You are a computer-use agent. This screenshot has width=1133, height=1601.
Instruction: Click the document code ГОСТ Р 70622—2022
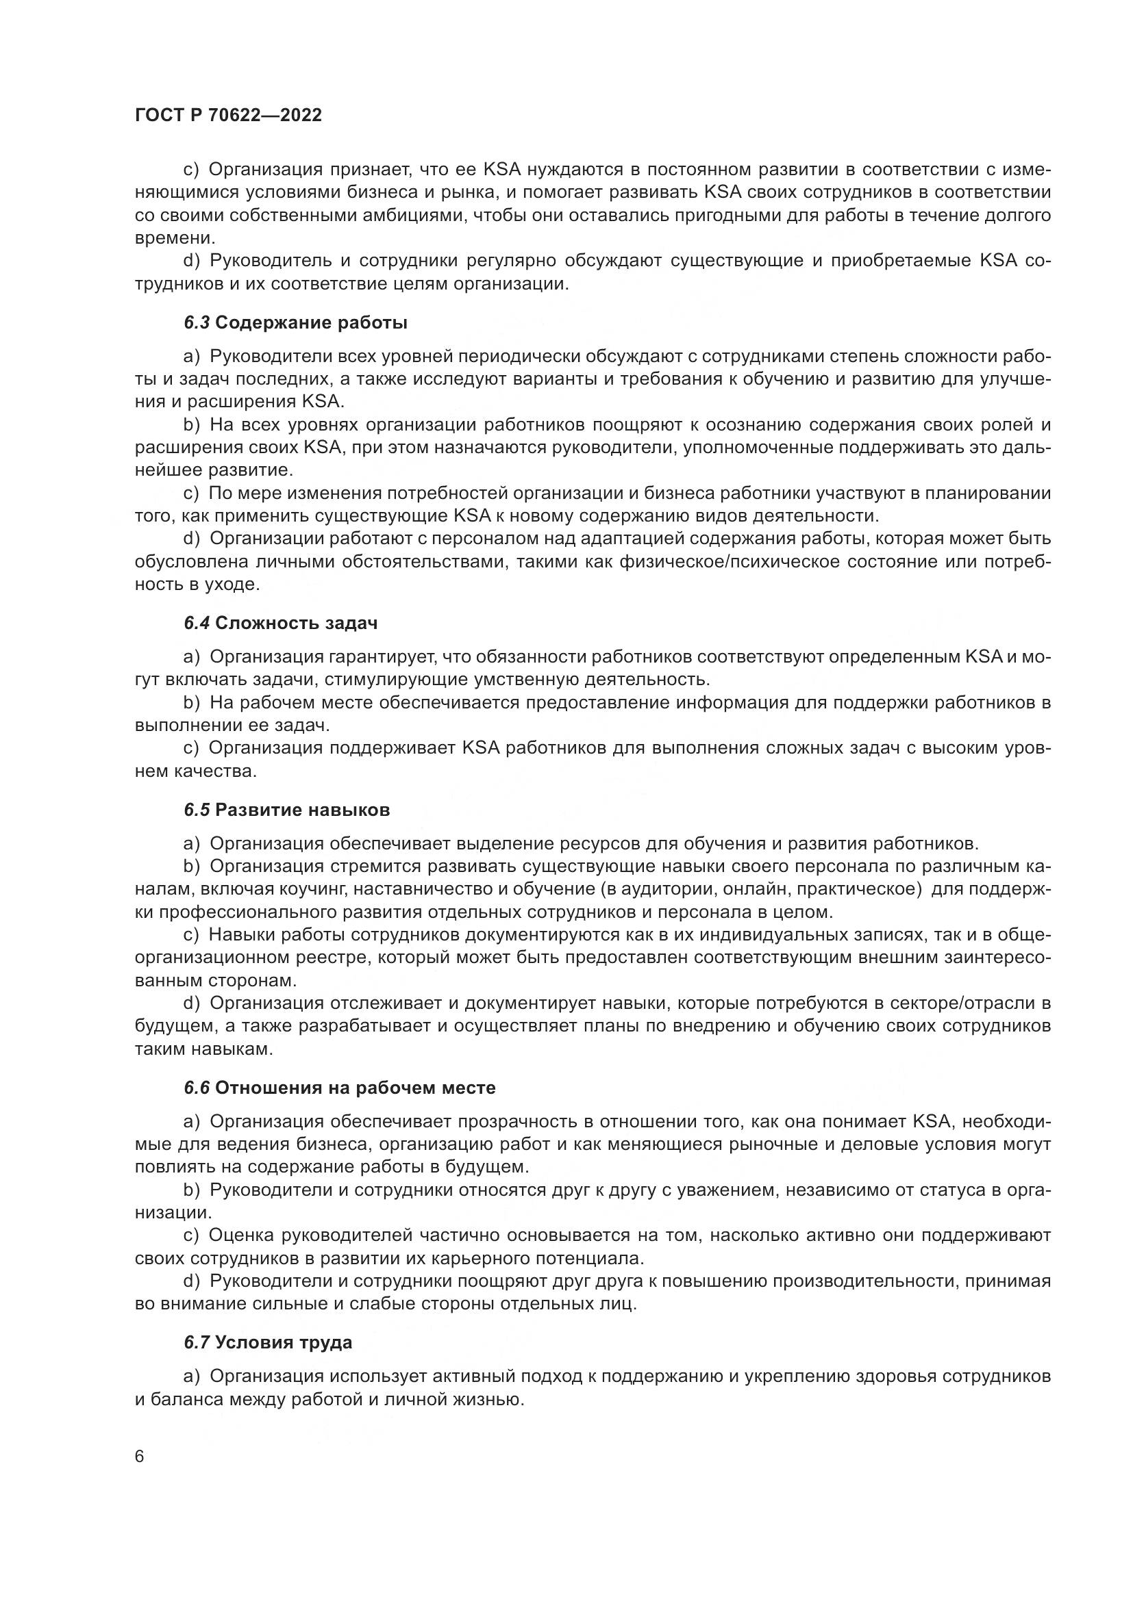(x=228, y=116)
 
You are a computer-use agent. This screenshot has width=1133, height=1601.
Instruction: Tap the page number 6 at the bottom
(x=140, y=1457)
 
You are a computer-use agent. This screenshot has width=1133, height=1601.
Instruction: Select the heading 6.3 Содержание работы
(x=296, y=323)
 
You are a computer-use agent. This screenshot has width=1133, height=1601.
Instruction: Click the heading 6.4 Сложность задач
(x=280, y=623)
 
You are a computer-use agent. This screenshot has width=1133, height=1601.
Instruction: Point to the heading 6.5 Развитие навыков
(x=287, y=810)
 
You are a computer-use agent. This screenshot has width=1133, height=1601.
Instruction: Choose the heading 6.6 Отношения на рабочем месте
(x=340, y=1088)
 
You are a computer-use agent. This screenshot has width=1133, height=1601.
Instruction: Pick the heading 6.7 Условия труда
(x=268, y=1342)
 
